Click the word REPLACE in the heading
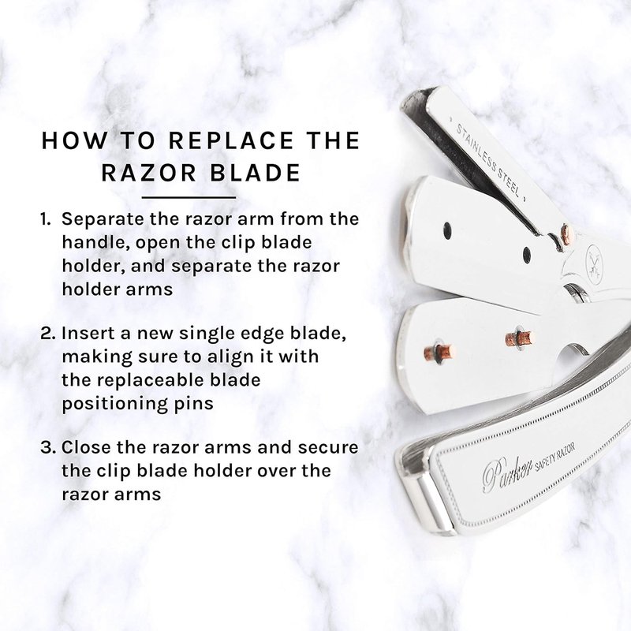[x=230, y=140]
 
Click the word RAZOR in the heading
[x=148, y=173]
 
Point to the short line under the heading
[x=189, y=198]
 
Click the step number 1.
[x=45, y=219]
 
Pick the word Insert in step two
[x=86, y=334]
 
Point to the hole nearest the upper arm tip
[x=447, y=230]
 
